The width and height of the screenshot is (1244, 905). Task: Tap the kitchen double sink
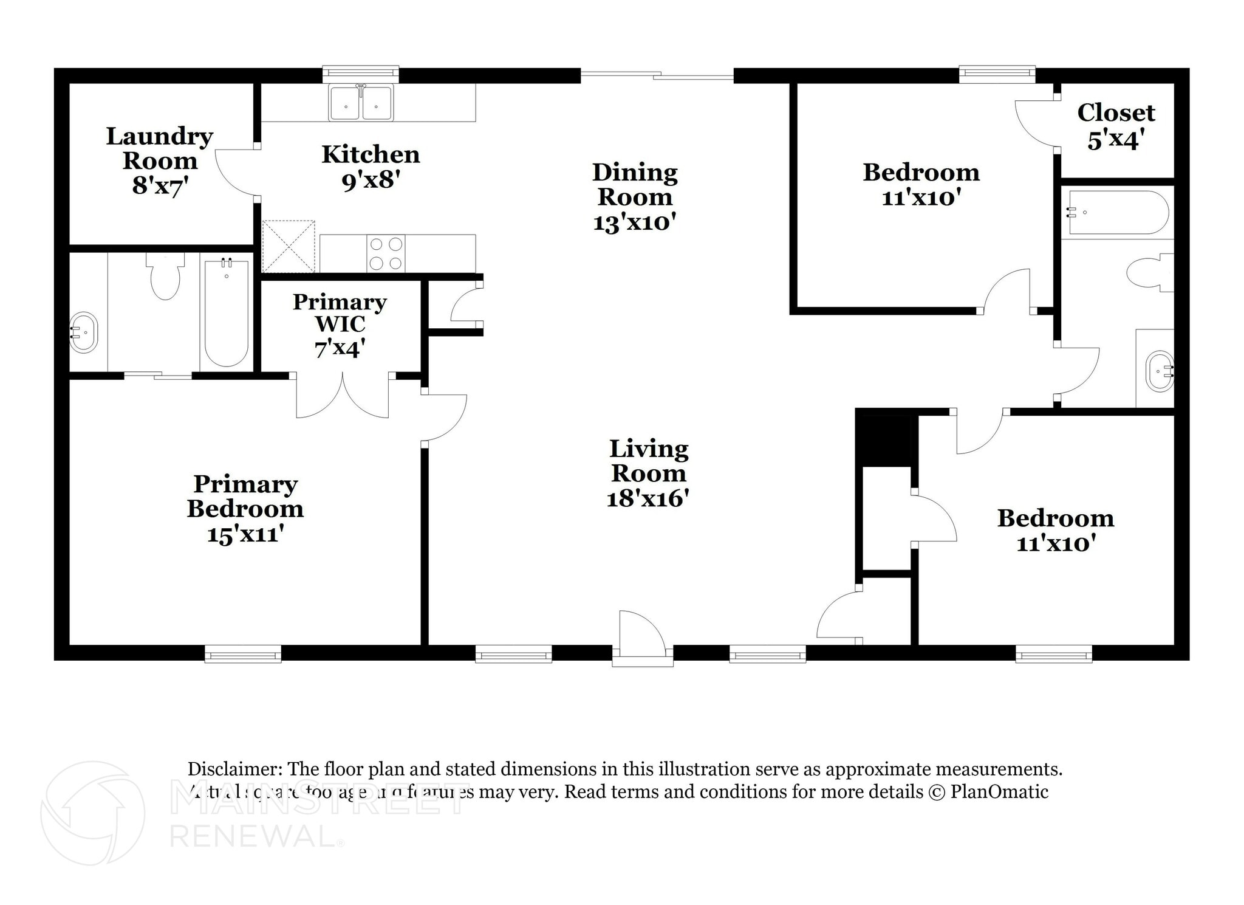[x=361, y=103]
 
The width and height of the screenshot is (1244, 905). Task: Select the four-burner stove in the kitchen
[x=386, y=253]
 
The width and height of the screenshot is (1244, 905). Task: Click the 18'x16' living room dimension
[x=648, y=499]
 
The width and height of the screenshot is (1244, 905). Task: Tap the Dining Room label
[x=635, y=185]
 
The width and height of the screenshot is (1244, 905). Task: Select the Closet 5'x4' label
[x=1116, y=126]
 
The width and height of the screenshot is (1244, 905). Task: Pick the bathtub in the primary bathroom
[x=227, y=312]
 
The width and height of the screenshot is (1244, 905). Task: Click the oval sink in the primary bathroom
[x=83, y=332]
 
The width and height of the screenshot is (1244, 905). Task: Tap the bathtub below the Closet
[x=1117, y=213]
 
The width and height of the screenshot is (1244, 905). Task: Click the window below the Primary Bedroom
[x=242, y=655]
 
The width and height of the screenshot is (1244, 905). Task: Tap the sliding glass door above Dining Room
[x=657, y=76]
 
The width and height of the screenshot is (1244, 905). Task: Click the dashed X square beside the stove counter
[x=289, y=246]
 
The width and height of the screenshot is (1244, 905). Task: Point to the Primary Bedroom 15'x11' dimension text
[x=245, y=534]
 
